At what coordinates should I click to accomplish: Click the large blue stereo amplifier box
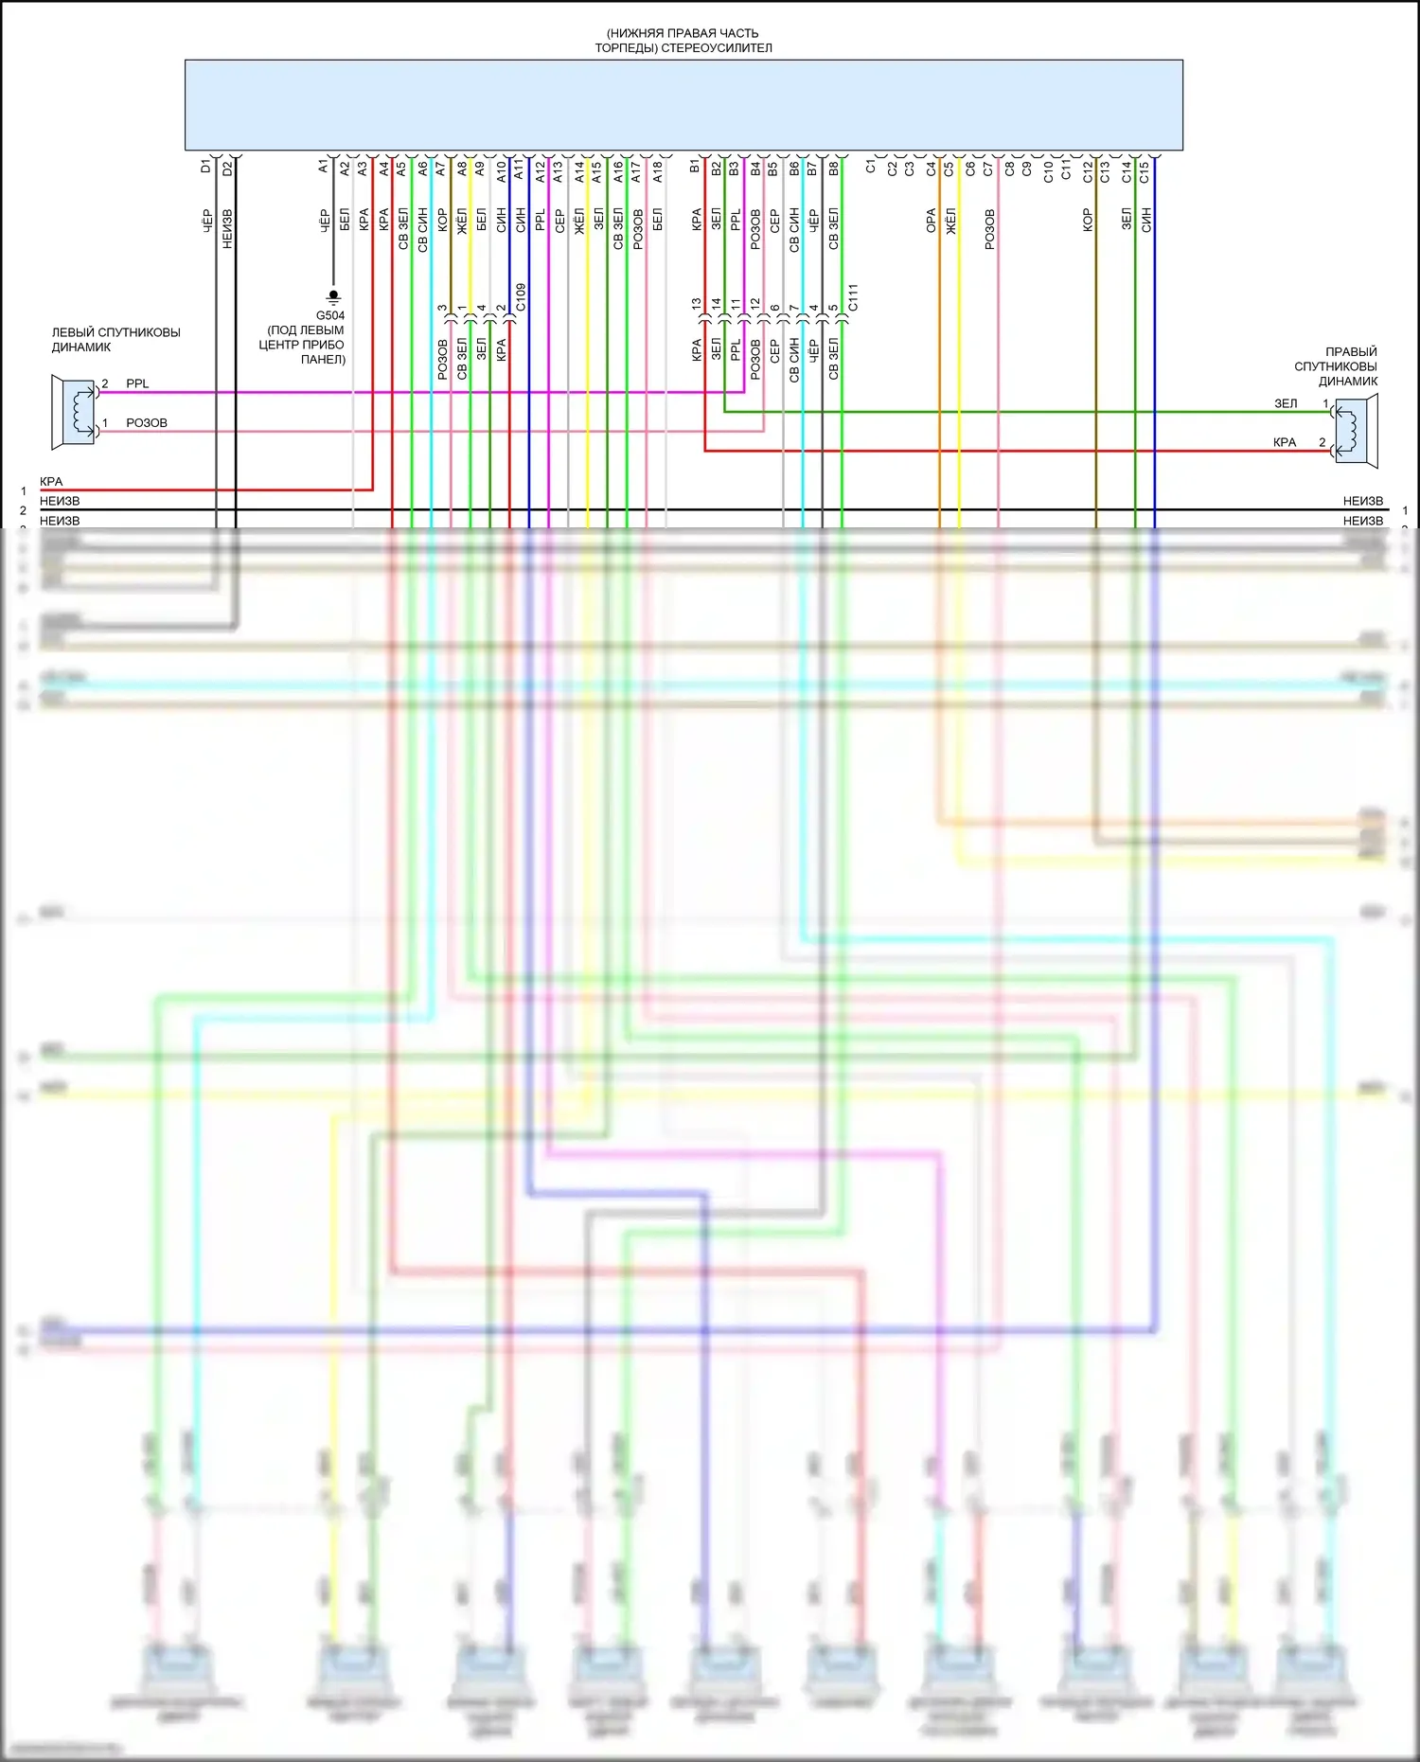pyautogui.click(x=683, y=104)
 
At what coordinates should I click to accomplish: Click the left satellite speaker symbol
pyautogui.click(x=75, y=411)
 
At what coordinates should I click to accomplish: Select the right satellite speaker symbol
pyautogui.click(x=1355, y=431)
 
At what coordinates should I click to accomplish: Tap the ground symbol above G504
pyautogui.click(x=332, y=296)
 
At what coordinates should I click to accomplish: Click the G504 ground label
pyautogui.click(x=330, y=315)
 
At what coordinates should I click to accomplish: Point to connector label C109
pyautogui.click(x=521, y=297)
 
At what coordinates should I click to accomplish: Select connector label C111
pyautogui.click(x=853, y=297)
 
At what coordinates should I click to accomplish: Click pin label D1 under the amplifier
pyautogui.click(x=206, y=167)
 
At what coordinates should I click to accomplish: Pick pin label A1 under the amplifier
pyautogui.click(x=324, y=167)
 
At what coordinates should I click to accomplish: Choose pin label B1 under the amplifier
pyautogui.click(x=696, y=167)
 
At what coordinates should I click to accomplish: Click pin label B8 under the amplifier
pyautogui.click(x=834, y=169)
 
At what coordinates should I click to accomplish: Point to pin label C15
pyautogui.click(x=1145, y=172)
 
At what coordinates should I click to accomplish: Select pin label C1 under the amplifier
pyautogui.click(x=871, y=167)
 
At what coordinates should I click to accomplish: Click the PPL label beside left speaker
pyautogui.click(x=137, y=383)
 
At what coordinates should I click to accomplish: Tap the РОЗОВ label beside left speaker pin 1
pyautogui.click(x=147, y=423)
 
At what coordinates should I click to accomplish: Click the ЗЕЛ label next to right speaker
pyautogui.click(x=1286, y=403)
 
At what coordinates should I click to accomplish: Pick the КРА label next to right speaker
pyautogui.click(x=1285, y=442)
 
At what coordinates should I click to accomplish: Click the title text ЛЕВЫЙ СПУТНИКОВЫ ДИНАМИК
pyautogui.click(x=115, y=340)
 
